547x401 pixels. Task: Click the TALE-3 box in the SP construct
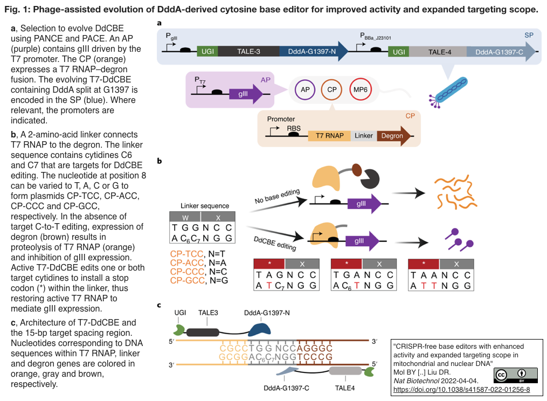[248, 52]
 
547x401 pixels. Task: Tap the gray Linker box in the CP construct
[364, 136]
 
